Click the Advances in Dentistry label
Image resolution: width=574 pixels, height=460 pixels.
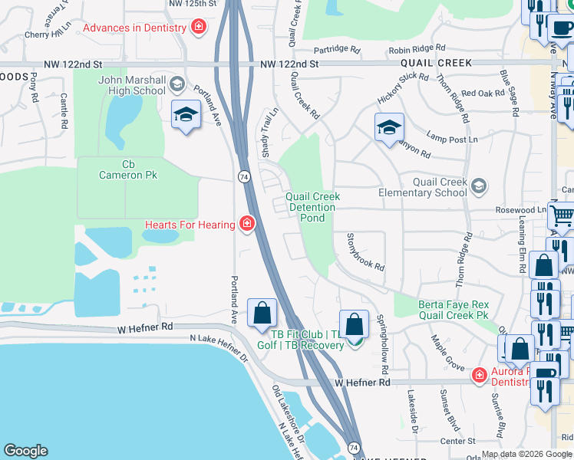(134, 28)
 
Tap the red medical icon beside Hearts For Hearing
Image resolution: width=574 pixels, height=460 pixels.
(247, 224)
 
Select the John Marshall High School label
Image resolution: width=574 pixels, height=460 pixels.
(132, 84)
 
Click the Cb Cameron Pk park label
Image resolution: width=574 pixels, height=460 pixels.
(128, 169)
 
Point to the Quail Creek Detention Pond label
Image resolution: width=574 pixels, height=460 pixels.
(312, 207)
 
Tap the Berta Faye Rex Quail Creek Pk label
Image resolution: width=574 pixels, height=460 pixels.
(453, 310)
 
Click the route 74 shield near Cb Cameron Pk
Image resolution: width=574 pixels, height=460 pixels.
(243, 176)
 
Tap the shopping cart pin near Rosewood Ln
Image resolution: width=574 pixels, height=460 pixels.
(562, 215)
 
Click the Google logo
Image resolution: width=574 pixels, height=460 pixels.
(25, 451)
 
